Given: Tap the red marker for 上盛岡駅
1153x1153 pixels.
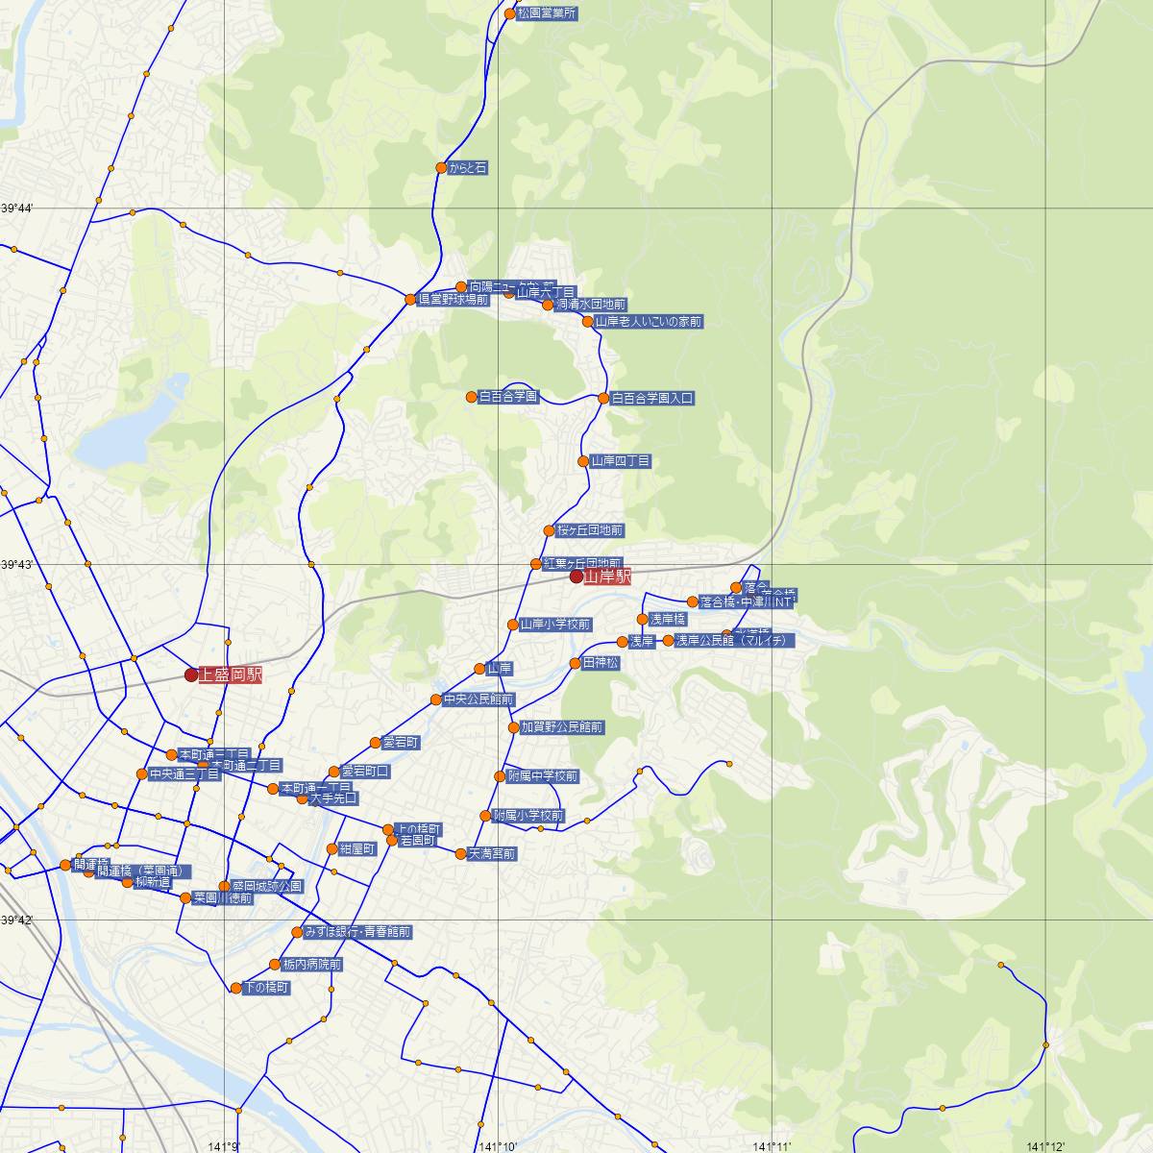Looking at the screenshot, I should (x=191, y=675).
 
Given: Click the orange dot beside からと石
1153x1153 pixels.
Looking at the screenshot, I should (x=441, y=168).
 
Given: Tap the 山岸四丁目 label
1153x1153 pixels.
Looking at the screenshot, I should (x=621, y=461).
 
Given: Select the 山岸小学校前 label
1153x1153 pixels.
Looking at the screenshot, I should (x=555, y=625).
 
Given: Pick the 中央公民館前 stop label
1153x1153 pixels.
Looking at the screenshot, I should (x=478, y=699).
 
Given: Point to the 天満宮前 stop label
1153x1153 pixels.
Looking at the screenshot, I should (x=492, y=853).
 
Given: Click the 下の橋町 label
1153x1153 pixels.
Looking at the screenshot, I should (x=266, y=988).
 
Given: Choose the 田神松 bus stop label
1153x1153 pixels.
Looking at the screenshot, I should (x=601, y=663).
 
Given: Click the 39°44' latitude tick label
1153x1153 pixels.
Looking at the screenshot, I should (x=16, y=209).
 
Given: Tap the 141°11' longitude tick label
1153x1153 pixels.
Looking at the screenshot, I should (x=773, y=1146).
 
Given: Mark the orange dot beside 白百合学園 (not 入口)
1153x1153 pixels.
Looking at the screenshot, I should (x=472, y=397).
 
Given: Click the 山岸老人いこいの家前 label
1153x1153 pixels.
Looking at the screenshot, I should (x=649, y=321).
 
